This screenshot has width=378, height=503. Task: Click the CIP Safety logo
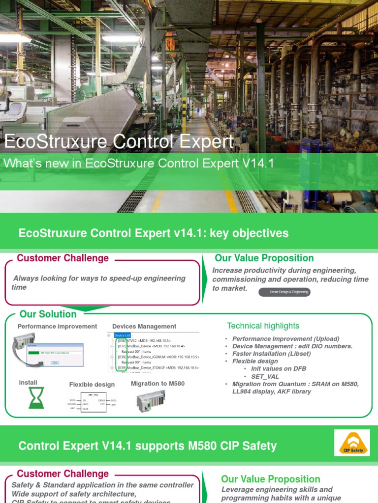(x=351, y=443)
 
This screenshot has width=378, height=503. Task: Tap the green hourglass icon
(x=36, y=397)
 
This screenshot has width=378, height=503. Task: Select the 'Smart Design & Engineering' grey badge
(x=284, y=292)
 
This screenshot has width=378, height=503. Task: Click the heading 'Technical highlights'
(x=263, y=326)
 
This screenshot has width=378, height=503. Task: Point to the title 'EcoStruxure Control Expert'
(x=118, y=142)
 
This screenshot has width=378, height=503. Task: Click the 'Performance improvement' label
(x=57, y=326)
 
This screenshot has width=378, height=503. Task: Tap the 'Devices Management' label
(x=144, y=326)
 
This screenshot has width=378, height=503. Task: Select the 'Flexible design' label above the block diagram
(x=92, y=385)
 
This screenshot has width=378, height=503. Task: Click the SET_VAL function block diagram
(x=93, y=401)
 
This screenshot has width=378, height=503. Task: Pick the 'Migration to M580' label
(x=158, y=383)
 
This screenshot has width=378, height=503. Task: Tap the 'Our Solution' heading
(x=48, y=314)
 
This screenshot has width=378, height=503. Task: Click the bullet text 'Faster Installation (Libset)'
(x=271, y=354)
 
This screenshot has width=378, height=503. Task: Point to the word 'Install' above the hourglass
(x=28, y=383)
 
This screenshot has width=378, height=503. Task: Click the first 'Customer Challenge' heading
(x=63, y=258)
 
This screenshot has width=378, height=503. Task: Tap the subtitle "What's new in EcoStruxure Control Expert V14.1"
(x=139, y=164)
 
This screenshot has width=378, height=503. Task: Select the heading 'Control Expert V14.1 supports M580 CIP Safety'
(x=147, y=446)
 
